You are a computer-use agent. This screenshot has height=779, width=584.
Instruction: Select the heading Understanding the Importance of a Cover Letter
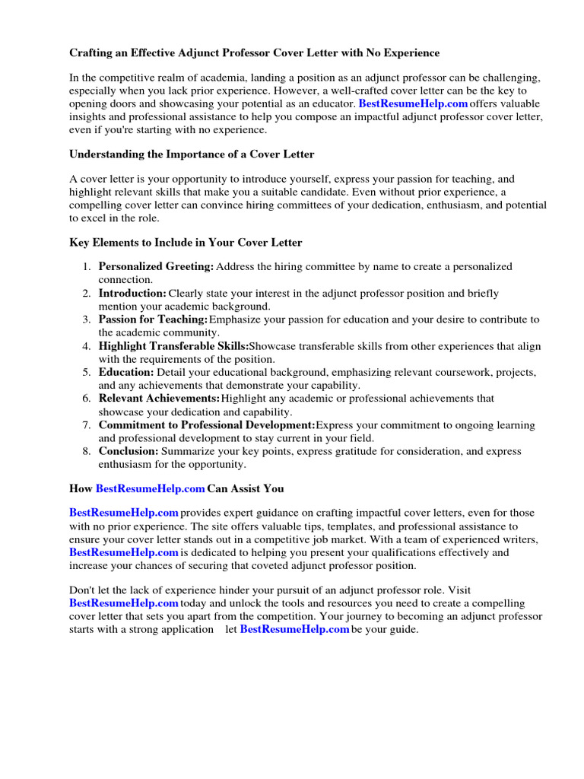pos(192,154)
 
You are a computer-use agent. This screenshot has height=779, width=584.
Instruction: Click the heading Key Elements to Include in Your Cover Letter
pos(186,243)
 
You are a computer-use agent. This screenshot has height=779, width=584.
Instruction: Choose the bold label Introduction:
pos(132,293)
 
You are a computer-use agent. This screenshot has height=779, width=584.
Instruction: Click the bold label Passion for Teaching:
pos(153,320)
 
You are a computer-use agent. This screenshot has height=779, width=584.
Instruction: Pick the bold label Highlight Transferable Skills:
pos(173,346)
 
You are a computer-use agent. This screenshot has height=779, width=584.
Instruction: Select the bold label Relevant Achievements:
pos(159,399)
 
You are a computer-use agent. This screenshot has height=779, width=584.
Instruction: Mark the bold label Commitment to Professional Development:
pos(206,425)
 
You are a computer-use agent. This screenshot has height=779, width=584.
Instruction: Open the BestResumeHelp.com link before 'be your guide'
pos(294,630)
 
